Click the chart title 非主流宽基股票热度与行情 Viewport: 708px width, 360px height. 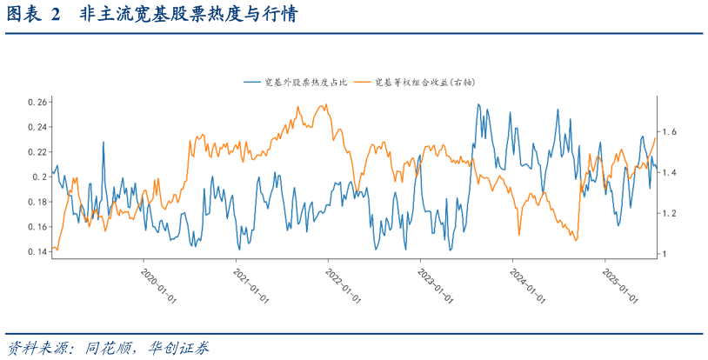coord(184,16)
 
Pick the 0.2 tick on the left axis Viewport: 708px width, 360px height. coord(39,177)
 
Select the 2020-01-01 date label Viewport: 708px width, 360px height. coord(159,284)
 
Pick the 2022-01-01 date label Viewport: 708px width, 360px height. coord(344,284)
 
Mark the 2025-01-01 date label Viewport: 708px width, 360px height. coord(620,284)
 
